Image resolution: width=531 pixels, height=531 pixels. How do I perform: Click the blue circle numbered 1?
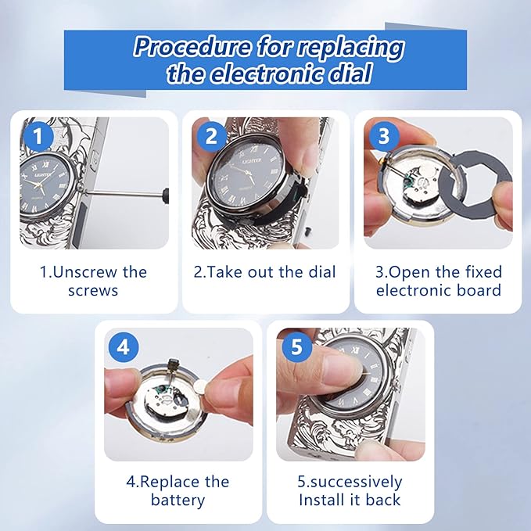point(38,136)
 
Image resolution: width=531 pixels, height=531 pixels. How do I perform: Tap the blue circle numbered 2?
point(212,136)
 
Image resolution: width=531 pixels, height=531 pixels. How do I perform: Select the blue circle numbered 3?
point(384,136)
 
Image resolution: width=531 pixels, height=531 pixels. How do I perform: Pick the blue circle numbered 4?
point(124,347)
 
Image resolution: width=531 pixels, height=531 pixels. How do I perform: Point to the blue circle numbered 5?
point(296,347)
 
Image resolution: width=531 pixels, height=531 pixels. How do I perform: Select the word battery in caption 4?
point(178,501)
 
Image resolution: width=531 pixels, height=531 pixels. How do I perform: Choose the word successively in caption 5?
point(357,483)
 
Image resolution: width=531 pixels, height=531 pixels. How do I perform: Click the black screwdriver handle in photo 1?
point(166,196)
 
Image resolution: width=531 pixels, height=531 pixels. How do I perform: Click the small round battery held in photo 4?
point(202,385)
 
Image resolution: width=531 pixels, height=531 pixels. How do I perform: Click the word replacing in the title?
point(350,48)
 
